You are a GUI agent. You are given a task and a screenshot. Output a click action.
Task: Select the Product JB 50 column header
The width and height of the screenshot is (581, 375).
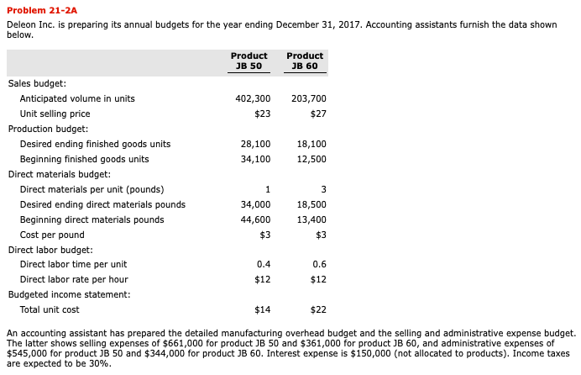[x=249, y=61]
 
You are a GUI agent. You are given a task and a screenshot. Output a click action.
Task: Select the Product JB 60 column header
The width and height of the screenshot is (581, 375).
[x=304, y=61]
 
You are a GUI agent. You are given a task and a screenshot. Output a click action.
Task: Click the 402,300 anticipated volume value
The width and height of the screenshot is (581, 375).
[x=253, y=98]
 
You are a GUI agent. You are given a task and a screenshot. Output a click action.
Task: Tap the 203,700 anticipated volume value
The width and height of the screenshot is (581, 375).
[x=308, y=98]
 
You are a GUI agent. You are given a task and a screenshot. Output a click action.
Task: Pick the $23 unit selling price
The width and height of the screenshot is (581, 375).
[x=261, y=114]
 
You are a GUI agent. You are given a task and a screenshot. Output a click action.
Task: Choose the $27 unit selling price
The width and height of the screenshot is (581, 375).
[x=317, y=114]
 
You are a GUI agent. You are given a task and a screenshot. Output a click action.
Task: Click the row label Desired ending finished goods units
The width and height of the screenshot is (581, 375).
[x=95, y=144]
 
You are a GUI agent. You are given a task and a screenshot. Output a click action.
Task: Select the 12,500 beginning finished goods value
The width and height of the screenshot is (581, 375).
[x=311, y=159]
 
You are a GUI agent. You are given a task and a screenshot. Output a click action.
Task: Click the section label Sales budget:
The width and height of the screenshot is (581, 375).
[x=37, y=83]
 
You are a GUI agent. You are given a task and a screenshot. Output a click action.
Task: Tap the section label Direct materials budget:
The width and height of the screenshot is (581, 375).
[x=59, y=174]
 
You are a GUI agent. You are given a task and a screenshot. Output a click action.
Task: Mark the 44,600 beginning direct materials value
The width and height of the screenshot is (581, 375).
[x=255, y=219]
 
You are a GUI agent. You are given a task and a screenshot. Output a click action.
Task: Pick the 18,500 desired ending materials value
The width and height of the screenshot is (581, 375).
[x=311, y=204]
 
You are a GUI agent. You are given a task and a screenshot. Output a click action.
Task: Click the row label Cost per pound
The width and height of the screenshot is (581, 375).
[x=52, y=235]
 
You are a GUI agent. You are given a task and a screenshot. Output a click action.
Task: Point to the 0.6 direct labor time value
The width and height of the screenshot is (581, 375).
[x=319, y=264]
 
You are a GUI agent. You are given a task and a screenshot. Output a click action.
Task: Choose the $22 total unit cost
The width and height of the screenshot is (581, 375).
[x=317, y=309]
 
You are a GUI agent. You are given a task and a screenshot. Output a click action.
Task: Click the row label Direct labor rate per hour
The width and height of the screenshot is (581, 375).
[x=74, y=279]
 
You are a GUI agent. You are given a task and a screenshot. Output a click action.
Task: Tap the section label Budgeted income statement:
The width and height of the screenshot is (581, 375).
[x=69, y=294]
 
